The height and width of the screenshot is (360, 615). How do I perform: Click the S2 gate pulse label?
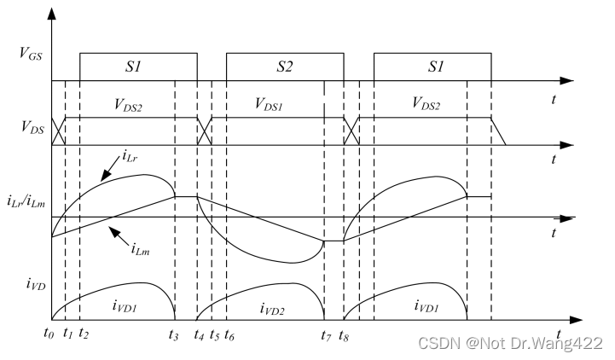click(285, 66)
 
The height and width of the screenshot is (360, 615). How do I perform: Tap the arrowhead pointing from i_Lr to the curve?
click(104, 177)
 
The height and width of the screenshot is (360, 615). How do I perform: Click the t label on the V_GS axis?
click(554, 99)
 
